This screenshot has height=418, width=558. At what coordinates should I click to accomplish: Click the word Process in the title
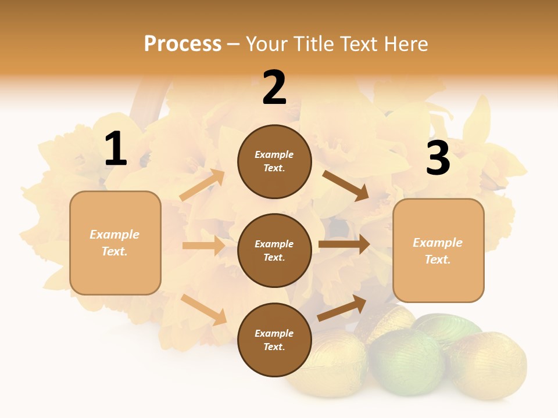click(183, 44)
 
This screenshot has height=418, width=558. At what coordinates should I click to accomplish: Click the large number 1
click(116, 149)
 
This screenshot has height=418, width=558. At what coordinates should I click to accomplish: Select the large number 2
click(274, 88)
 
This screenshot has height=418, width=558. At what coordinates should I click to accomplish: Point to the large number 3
click(438, 158)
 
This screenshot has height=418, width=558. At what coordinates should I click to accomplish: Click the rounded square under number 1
click(115, 243)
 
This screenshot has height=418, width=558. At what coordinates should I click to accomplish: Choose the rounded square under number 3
click(438, 251)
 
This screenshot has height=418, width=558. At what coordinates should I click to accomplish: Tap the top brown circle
click(274, 161)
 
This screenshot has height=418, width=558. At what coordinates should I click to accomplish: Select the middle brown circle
click(274, 250)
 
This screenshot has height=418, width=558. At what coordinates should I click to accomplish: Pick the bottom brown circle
click(274, 340)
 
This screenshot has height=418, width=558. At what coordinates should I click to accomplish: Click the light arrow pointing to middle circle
click(203, 246)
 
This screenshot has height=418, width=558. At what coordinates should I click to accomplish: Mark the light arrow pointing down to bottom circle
click(204, 309)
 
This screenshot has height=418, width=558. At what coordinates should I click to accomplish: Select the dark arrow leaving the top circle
click(345, 185)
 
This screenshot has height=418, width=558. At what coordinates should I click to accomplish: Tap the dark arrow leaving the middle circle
click(344, 244)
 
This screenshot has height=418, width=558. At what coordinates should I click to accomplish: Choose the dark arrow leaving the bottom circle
click(342, 308)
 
